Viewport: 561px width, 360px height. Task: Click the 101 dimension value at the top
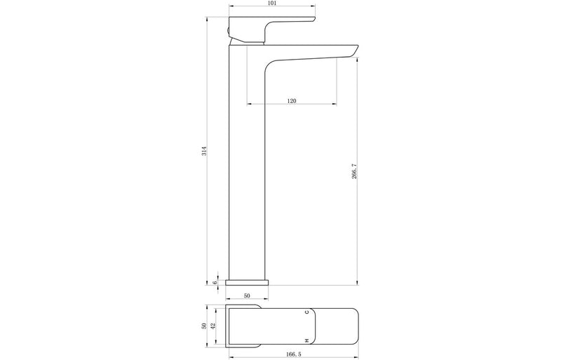[x=272, y=4]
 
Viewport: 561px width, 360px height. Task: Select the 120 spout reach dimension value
[x=292, y=101]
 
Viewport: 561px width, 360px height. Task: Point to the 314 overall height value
[x=204, y=151]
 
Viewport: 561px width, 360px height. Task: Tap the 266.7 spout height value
[x=354, y=171]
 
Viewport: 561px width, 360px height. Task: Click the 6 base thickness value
[x=215, y=283]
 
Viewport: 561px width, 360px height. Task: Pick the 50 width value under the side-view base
[x=247, y=296]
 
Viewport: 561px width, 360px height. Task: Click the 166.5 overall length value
[x=294, y=354]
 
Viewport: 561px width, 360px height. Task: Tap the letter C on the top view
[x=306, y=312]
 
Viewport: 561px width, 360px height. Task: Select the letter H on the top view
[x=306, y=340]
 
